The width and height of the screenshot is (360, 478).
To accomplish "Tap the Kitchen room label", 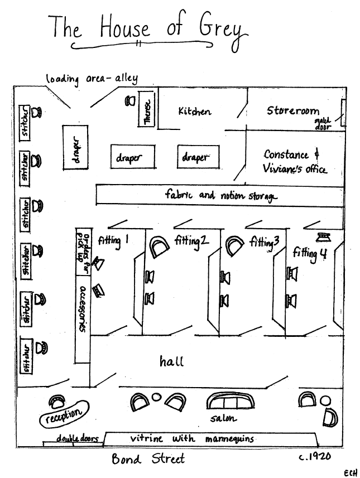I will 195,111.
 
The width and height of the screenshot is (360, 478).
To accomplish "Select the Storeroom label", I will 293,110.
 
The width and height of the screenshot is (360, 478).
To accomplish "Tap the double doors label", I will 77,438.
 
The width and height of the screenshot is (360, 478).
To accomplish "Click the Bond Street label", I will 148,459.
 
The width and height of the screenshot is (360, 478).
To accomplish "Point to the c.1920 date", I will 316,456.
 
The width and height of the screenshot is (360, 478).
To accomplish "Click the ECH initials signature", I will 351,472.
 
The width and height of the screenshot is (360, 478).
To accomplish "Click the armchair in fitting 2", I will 159,246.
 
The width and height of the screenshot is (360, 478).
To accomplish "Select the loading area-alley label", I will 92,79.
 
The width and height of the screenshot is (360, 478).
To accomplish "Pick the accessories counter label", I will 82,308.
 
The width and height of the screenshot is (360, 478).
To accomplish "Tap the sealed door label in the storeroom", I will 323,123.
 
